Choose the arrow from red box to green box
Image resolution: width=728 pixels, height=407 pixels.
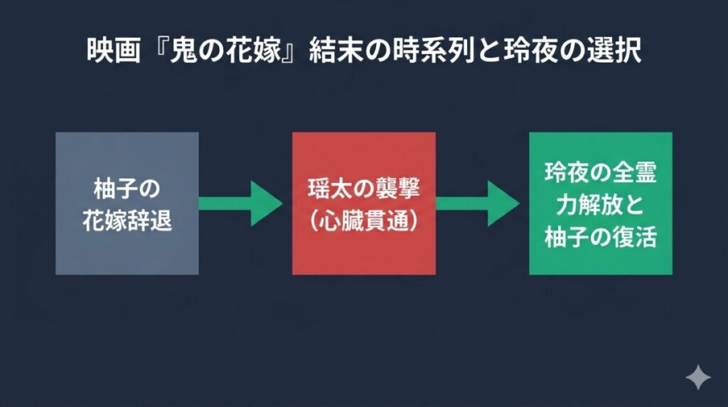477,203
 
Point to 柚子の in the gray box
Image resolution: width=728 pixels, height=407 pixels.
127,190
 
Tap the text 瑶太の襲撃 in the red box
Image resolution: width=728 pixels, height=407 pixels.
364,190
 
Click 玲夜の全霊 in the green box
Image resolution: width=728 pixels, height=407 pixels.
601,173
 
